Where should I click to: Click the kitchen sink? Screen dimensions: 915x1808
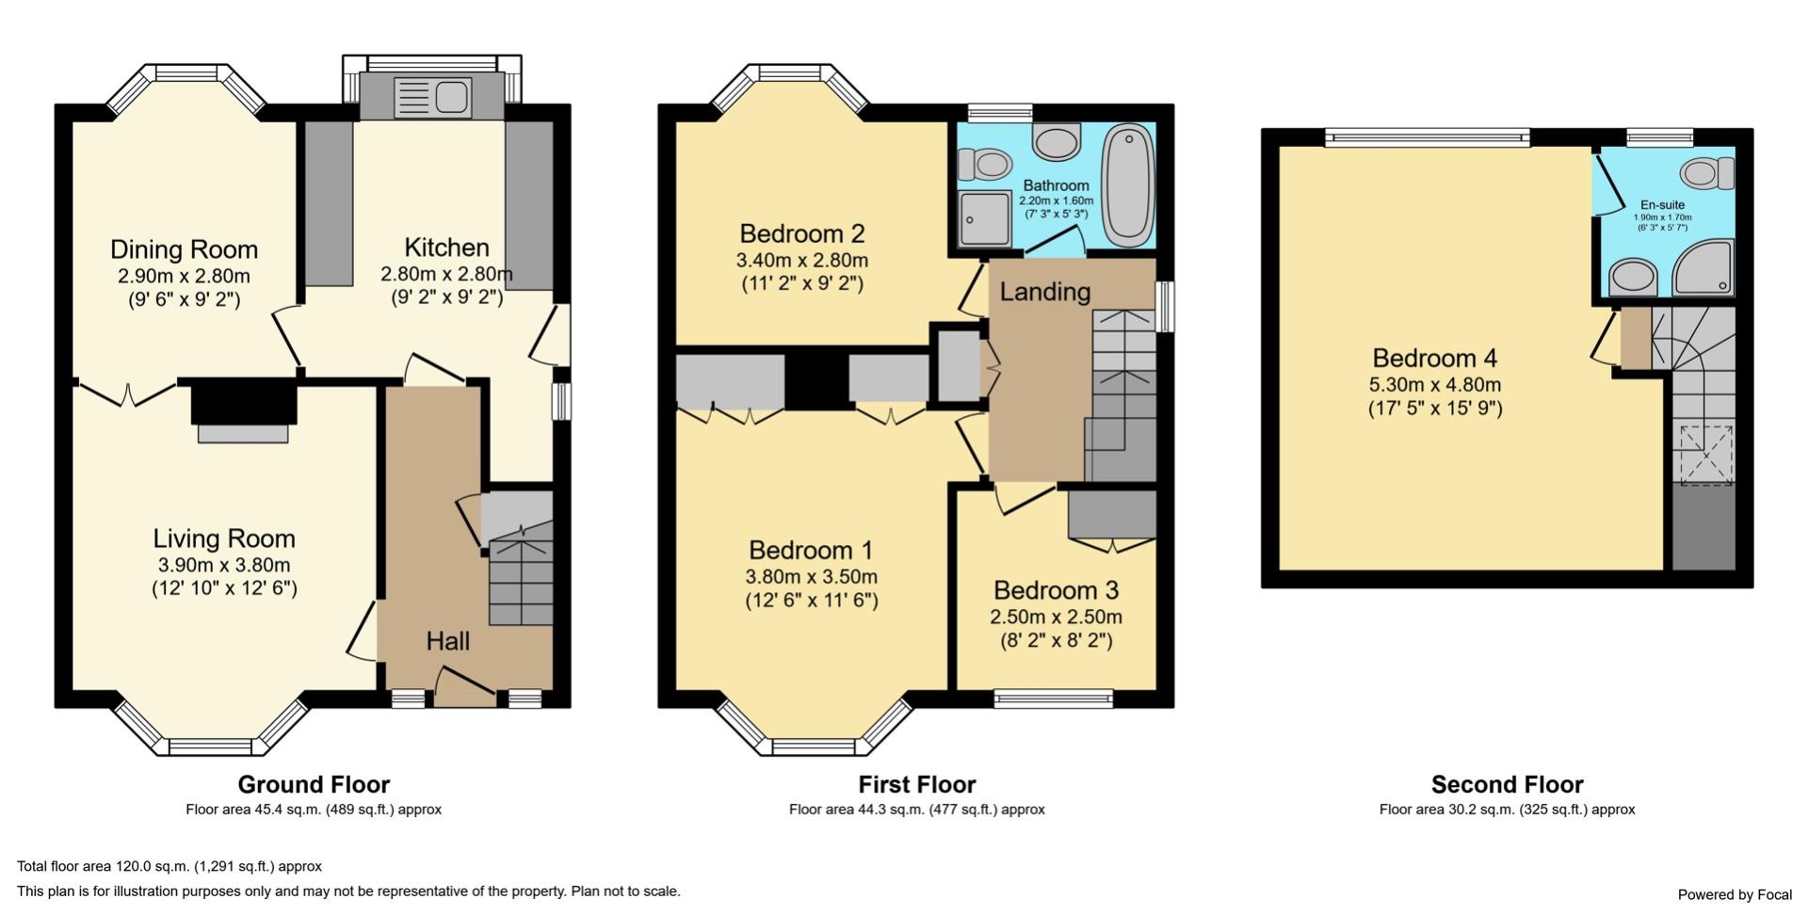(432, 97)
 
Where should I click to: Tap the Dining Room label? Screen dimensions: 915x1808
(184, 249)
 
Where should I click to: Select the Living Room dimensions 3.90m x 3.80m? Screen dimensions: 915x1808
(224, 566)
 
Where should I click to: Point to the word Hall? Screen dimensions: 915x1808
(447, 642)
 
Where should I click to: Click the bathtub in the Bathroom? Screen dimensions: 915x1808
(1127, 185)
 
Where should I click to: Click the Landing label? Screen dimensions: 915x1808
(1045, 292)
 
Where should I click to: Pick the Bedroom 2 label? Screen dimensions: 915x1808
(801, 233)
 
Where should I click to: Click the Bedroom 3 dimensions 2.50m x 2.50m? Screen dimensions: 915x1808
(1056, 618)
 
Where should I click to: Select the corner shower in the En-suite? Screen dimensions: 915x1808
(1704, 269)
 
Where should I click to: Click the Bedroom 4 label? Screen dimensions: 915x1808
(1434, 359)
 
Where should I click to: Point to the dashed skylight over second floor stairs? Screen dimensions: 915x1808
(1706, 457)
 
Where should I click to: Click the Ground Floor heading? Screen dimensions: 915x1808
(314, 784)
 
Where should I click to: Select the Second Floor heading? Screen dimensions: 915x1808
(1507, 784)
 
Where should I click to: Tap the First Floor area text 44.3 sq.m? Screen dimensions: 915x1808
(916, 810)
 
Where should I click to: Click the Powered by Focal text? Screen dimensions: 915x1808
(1735, 894)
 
